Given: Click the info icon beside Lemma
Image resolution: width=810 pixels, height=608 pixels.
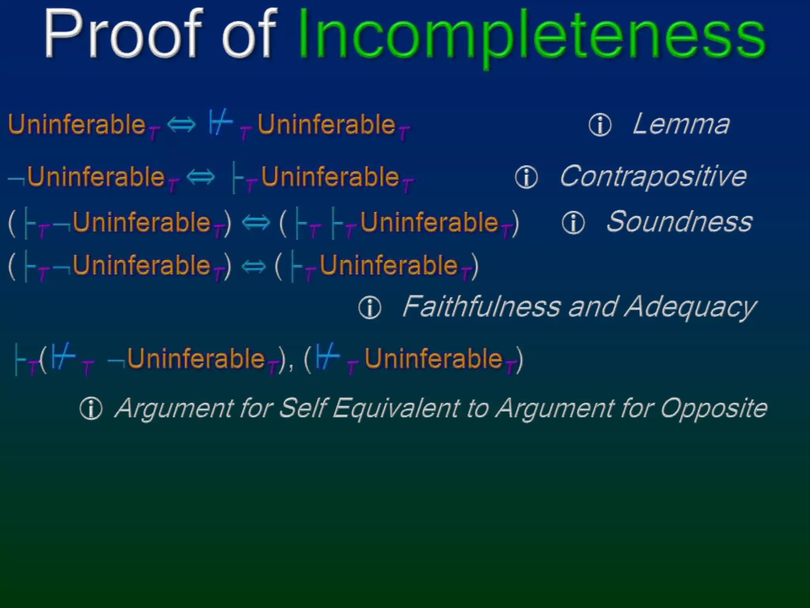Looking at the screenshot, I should [600, 125].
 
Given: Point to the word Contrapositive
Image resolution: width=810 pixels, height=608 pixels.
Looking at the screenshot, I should [653, 177].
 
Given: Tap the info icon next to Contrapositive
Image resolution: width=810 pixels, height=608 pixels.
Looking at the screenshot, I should [526, 177].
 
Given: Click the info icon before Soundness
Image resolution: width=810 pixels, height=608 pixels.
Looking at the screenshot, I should [573, 222].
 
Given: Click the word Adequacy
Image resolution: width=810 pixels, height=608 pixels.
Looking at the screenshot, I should [690, 307].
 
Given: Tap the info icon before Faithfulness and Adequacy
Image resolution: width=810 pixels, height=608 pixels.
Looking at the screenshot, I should [370, 308].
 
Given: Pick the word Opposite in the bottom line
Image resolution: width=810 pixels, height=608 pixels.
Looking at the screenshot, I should [713, 408].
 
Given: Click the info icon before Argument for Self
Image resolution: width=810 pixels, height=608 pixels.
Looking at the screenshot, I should [91, 409].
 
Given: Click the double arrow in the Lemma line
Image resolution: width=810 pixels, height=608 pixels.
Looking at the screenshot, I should [182, 125].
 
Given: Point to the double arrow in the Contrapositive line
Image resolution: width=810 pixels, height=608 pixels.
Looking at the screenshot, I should [201, 177].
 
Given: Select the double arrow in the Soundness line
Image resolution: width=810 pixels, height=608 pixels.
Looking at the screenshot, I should [255, 222].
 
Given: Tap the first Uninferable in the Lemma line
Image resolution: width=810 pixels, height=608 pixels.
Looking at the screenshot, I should [77, 125].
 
